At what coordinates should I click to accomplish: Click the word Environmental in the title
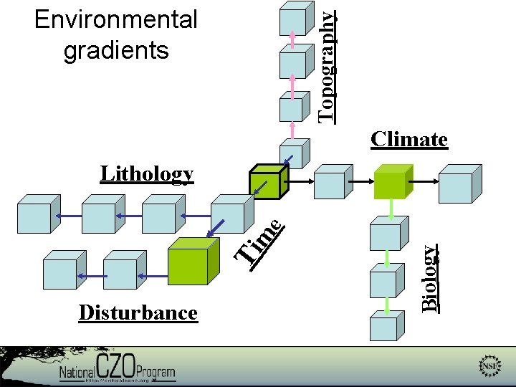coord(116,20)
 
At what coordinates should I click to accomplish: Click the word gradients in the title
coord(116,50)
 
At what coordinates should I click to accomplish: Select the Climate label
coord(409,139)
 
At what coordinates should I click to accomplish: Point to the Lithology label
coord(147,174)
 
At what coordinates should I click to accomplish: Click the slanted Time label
coord(262,240)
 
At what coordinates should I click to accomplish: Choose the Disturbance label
coord(138,312)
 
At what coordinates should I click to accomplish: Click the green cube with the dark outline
coord(268,182)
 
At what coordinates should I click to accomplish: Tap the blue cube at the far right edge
coord(456,183)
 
